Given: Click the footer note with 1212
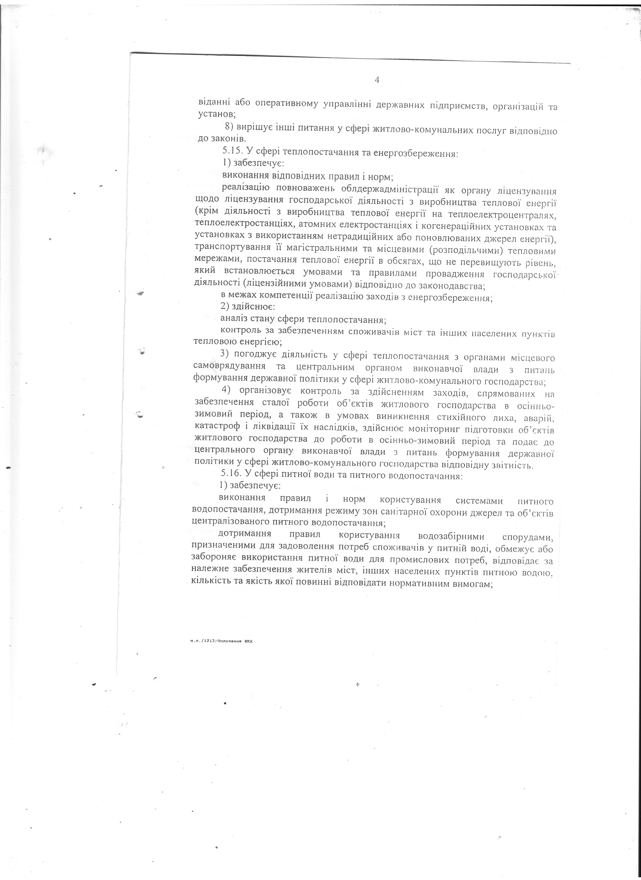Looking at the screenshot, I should coord(221,641).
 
